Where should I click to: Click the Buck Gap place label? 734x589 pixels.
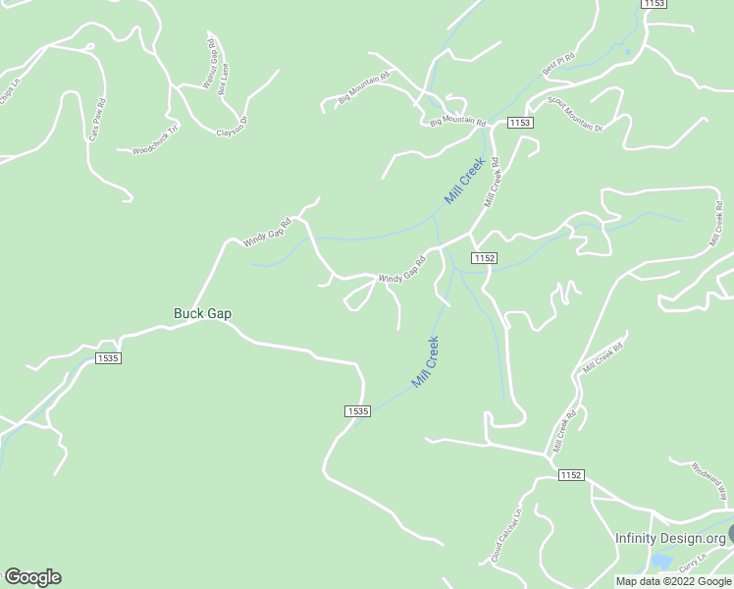click(x=202, y=314)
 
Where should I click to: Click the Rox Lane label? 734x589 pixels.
click(x=224, y=78)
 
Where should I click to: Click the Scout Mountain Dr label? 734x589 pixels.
click(x=574, y=115)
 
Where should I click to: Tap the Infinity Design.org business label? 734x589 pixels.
click(x=670, y=538)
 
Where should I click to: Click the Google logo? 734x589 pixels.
click(x=32, y=577)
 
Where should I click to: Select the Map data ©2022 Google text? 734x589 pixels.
click(x=673, y=581)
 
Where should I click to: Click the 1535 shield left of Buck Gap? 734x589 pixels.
click(x=108, y=358)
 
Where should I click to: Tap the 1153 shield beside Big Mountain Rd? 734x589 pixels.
click(x=520, y=122)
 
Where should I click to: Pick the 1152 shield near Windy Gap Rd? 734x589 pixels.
click(x=483, y=257)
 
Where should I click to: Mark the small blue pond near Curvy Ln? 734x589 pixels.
click(x=661, y=562)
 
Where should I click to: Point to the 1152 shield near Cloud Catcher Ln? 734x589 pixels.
click(x=571, y=475)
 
